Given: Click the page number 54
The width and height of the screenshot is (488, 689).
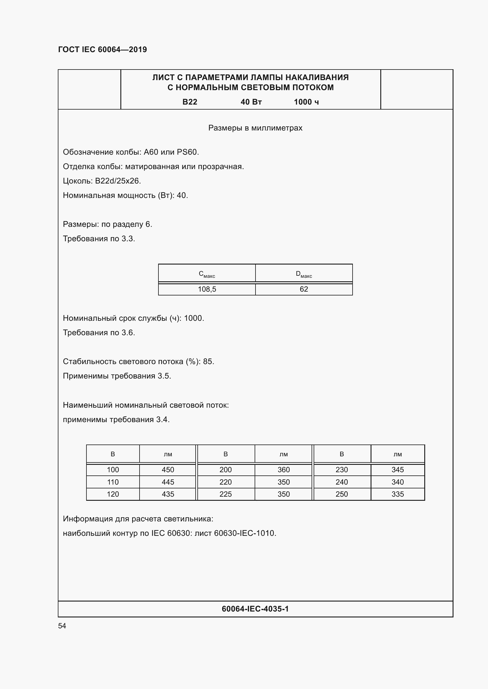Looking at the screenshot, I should [x=62, y=626].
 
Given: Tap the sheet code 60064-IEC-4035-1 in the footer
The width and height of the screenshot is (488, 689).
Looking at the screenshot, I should [x=255, y=609].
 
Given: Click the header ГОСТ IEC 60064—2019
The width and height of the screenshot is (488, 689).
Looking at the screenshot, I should [x=102, y=49].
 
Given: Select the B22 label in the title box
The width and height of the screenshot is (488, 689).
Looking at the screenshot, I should [x=190, y=102].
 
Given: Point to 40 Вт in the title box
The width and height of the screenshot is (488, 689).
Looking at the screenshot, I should [x=251, y=102].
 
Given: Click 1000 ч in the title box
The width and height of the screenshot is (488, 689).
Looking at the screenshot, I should [x=306, y=102].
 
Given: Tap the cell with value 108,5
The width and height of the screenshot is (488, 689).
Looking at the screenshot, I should [x=207, y=289].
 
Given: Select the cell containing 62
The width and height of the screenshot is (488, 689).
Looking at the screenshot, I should [x=304, y=289].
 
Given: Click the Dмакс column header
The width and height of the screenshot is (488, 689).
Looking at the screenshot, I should [x=304, y=274].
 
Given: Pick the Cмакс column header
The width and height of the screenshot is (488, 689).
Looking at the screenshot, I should [x=207, y=274].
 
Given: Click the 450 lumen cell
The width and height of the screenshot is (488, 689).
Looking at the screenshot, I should [x=168, y=470].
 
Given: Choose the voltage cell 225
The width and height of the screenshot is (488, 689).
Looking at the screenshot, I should [x=225, y=494].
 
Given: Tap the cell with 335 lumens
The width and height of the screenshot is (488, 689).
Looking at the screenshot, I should [x=397, y=494].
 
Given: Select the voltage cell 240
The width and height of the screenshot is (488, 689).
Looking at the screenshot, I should [x=341, y=482].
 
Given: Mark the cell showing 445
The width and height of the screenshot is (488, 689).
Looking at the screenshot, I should [x=168, y=482].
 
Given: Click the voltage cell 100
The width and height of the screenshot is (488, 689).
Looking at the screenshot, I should [x=113, y=470].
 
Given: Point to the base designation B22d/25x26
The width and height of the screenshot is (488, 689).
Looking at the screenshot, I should [x=118, y=181].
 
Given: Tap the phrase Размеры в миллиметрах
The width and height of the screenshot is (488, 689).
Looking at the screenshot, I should [x=255, y=128].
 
